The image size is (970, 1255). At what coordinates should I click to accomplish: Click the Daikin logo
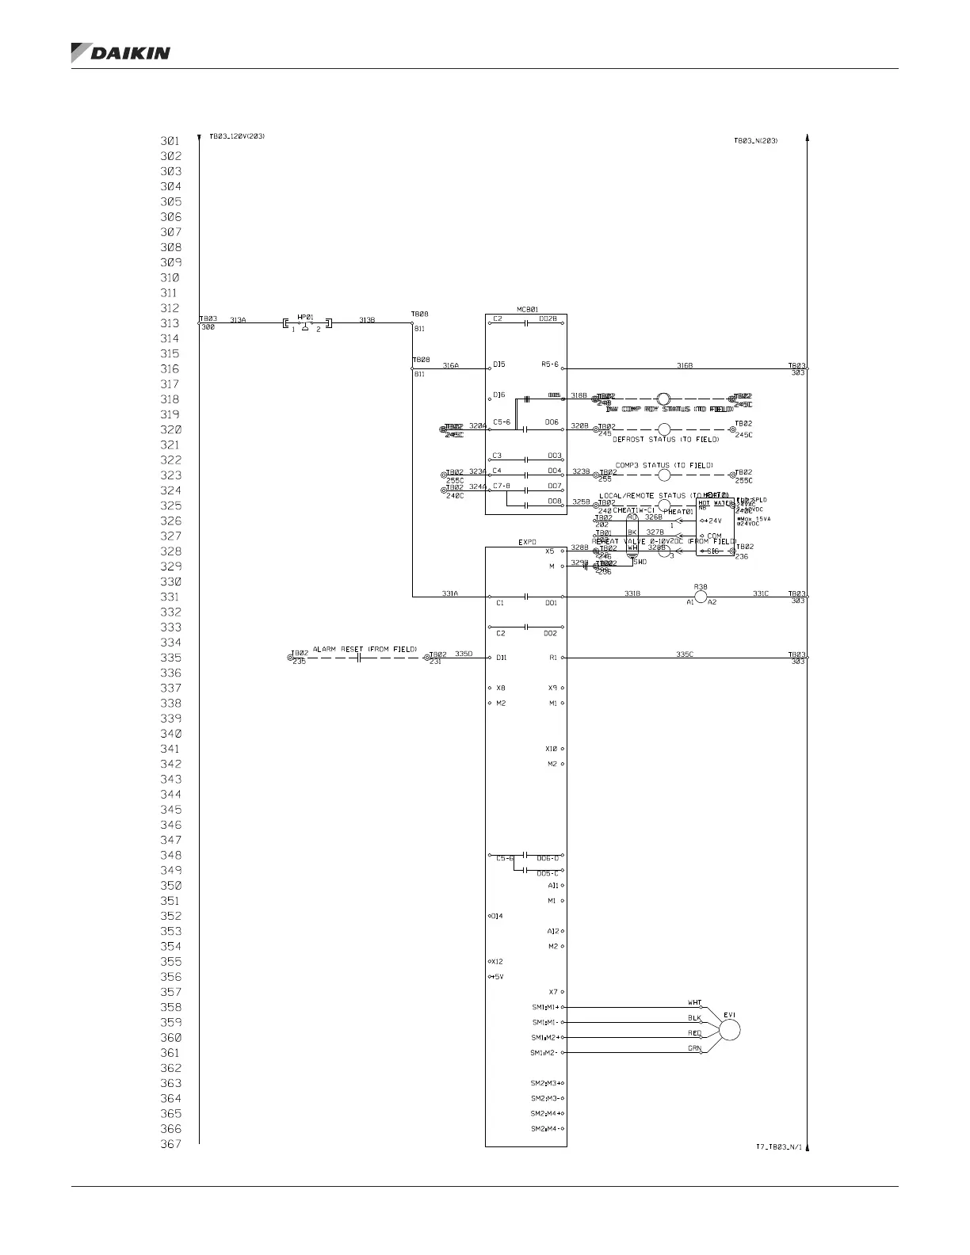pyautogui.click(x=120, y=53)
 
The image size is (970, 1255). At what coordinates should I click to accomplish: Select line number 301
pyautogui.click(x=170, y=141)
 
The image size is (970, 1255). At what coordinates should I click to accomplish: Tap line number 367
pyautogui.click(x=170, y=1144)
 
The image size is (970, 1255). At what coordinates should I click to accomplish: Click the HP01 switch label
pyautogui.click(x=305, y=317)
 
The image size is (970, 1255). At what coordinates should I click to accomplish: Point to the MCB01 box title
pyautogui.click(x=527, y=309)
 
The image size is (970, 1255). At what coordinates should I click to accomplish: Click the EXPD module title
pyautogui.click(x=527, y=543)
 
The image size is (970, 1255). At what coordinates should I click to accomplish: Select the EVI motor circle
pyautogui.click(x=728, y=1029)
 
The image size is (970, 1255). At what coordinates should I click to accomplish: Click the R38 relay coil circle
pyautogui.click(x=701, y=597)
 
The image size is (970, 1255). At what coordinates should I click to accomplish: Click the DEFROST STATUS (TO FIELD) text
pyautogui.click(x=666, y=439)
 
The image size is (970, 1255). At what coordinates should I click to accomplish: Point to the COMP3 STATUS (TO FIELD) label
pyautogui.click(x=664, y=465)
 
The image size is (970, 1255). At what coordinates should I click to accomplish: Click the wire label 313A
pyautogui.click(x=238, y=320)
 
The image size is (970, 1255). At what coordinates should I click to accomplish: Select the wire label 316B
pyautogui.click(x=685, y=365)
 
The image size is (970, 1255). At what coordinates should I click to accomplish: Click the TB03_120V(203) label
pyautogui.click(x=237, y=136)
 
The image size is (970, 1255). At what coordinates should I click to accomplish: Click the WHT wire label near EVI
pyautogui.click(x=694, y=1003)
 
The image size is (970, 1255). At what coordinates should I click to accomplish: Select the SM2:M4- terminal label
pyautogui.click(x=548, y=1129)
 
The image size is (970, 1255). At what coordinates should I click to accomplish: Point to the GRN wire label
pyautogui.click(x=694, y=1048)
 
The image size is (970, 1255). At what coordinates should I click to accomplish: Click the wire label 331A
pyautogui.click(x=450, y=593)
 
